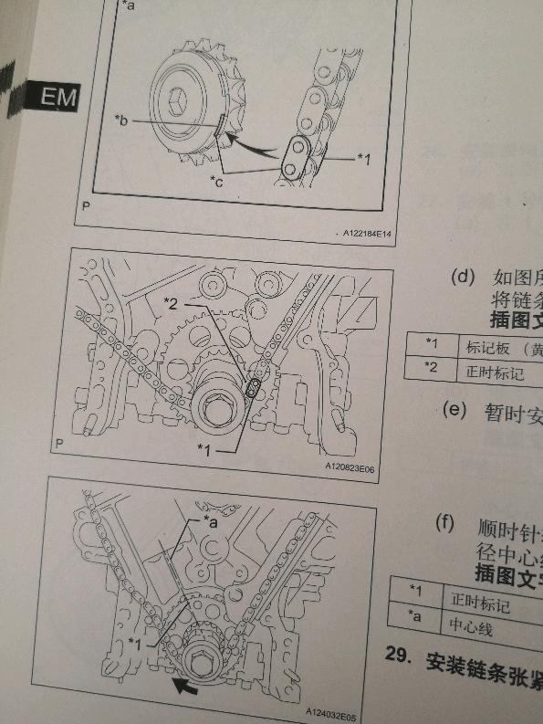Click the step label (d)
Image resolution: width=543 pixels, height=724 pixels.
point(463,277)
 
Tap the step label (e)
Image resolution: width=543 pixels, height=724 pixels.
point(454,409)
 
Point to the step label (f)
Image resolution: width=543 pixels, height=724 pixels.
point(444,525)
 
